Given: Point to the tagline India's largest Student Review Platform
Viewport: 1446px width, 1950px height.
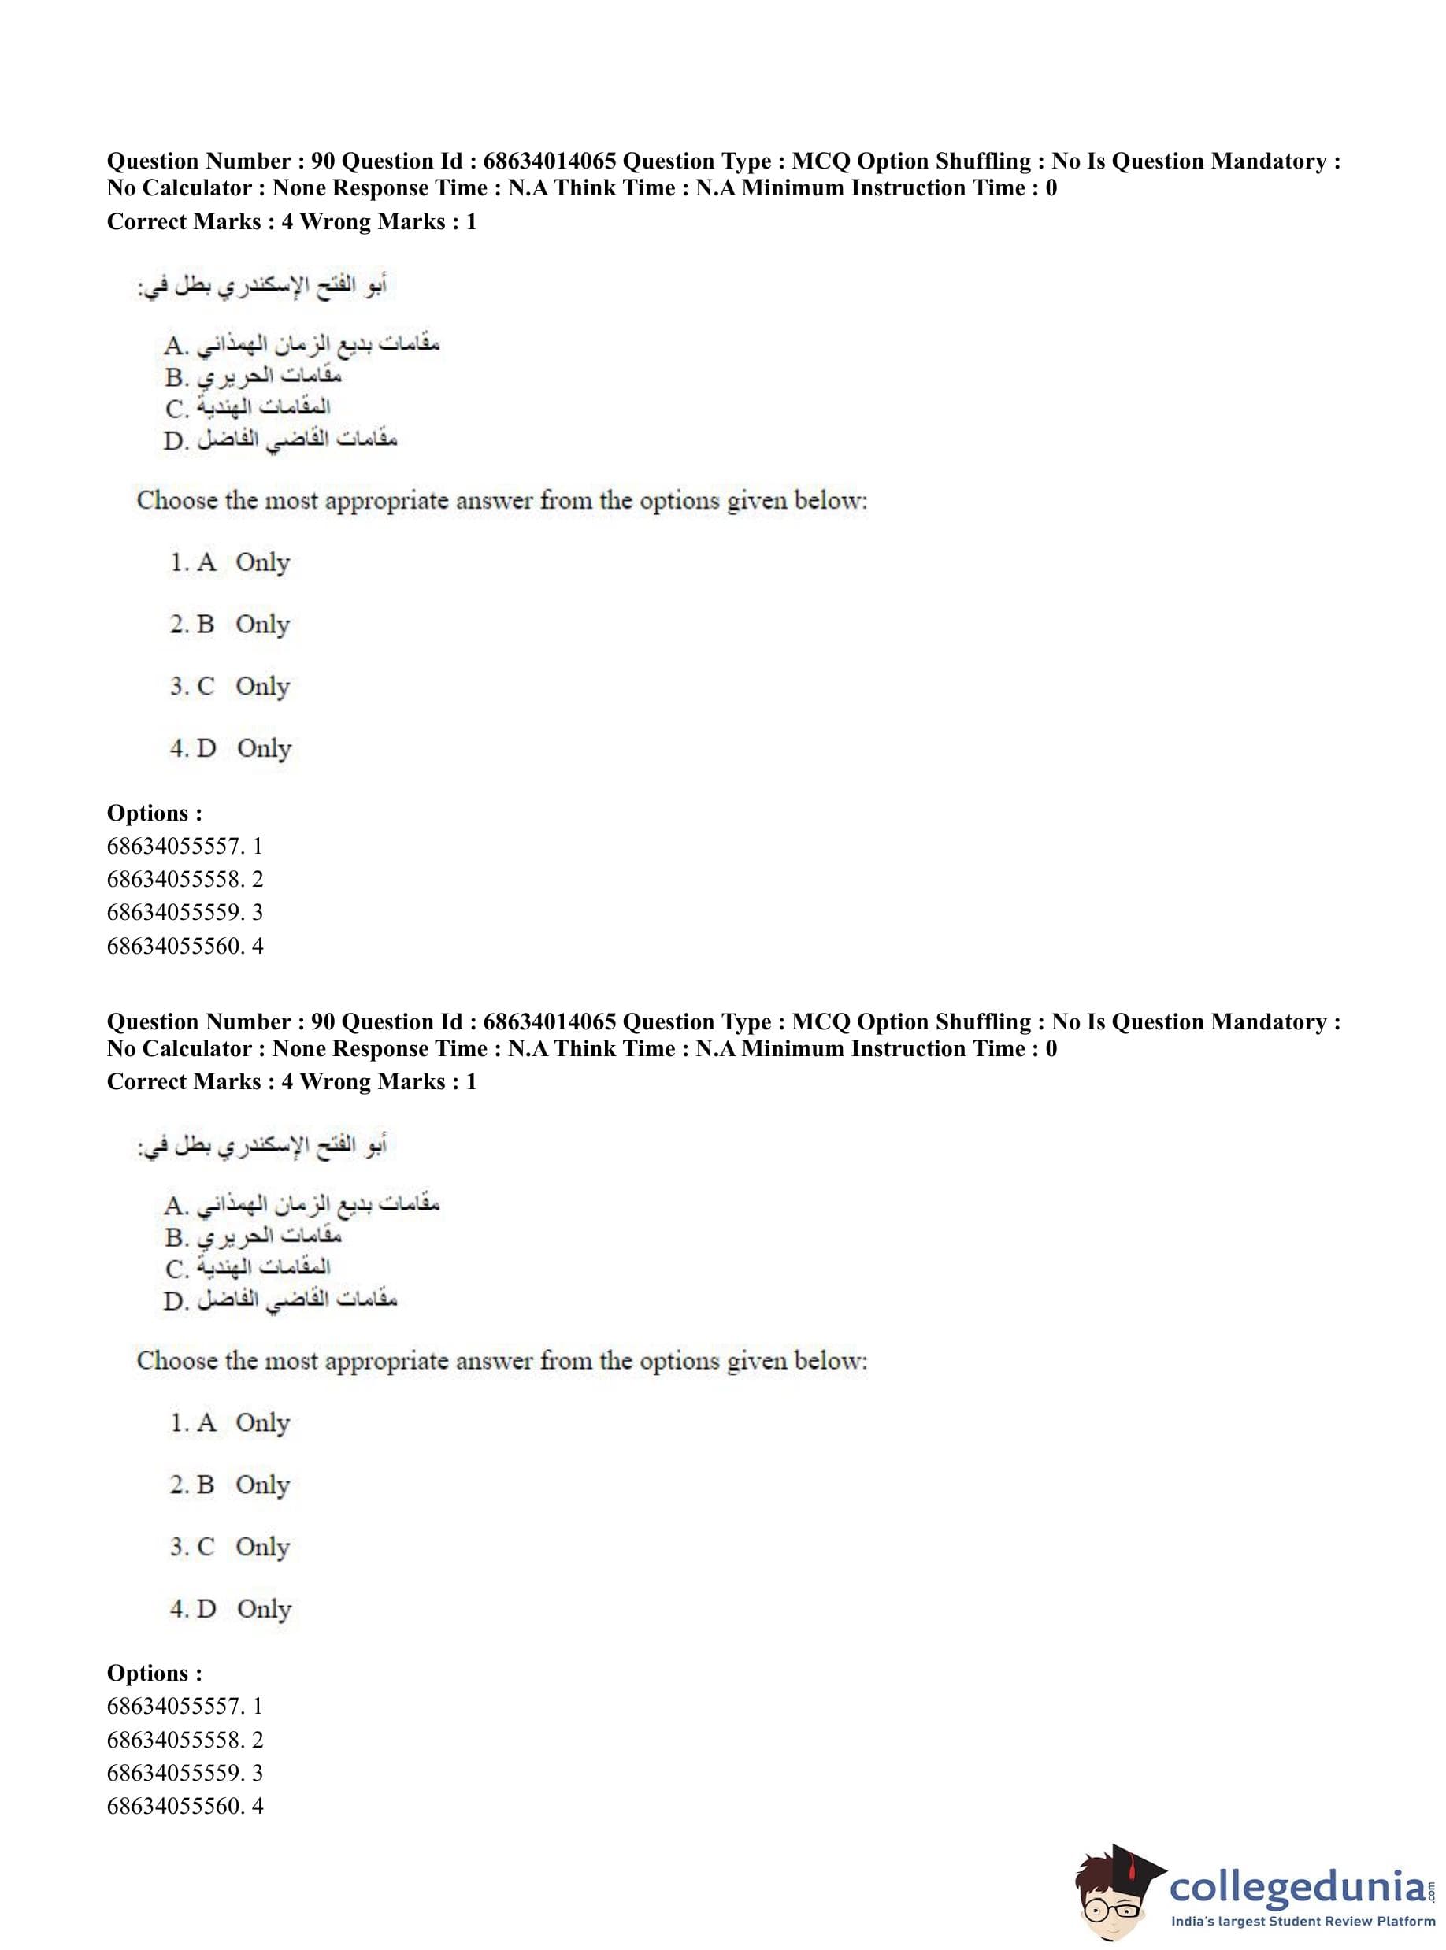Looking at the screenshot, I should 1303,1921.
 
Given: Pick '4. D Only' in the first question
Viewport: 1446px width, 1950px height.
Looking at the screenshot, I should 230,748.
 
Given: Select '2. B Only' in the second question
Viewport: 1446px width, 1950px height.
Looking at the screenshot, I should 229,1485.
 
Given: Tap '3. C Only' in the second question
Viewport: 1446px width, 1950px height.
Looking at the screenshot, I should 229,1547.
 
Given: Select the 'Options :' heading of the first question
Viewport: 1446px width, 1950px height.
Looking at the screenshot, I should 154,813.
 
